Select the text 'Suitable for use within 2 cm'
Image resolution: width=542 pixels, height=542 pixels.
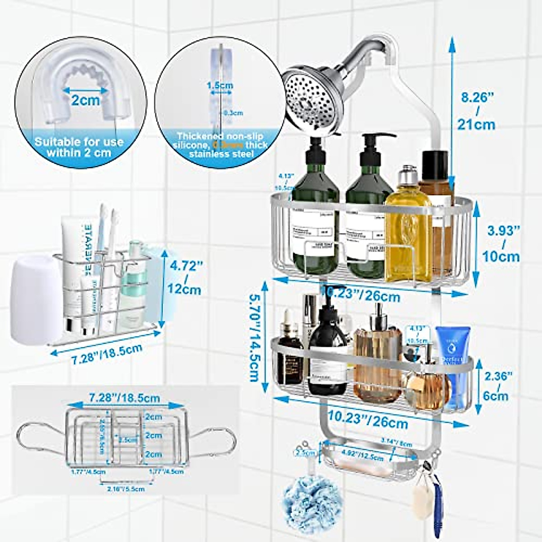[79, 147]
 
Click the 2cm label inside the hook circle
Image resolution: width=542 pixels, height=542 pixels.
[85, 100]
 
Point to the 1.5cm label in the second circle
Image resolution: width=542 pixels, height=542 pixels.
[220, 85]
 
